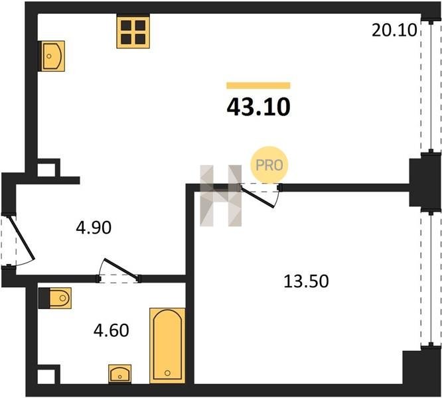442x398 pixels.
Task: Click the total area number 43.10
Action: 258,107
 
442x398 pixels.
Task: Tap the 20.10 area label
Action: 394,30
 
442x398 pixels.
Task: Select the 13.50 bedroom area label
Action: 306,281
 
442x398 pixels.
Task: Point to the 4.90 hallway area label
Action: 94,228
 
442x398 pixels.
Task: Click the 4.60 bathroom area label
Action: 111,330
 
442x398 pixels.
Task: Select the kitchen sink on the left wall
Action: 52,56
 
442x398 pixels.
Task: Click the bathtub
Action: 167,346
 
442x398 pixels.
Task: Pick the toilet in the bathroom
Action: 55,298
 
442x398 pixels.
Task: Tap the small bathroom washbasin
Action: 120,373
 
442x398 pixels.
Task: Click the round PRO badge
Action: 269,165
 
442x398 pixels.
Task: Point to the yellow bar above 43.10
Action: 258,86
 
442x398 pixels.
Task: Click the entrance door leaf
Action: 22,237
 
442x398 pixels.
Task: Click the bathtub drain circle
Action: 167,373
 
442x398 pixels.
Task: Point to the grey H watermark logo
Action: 221,196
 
